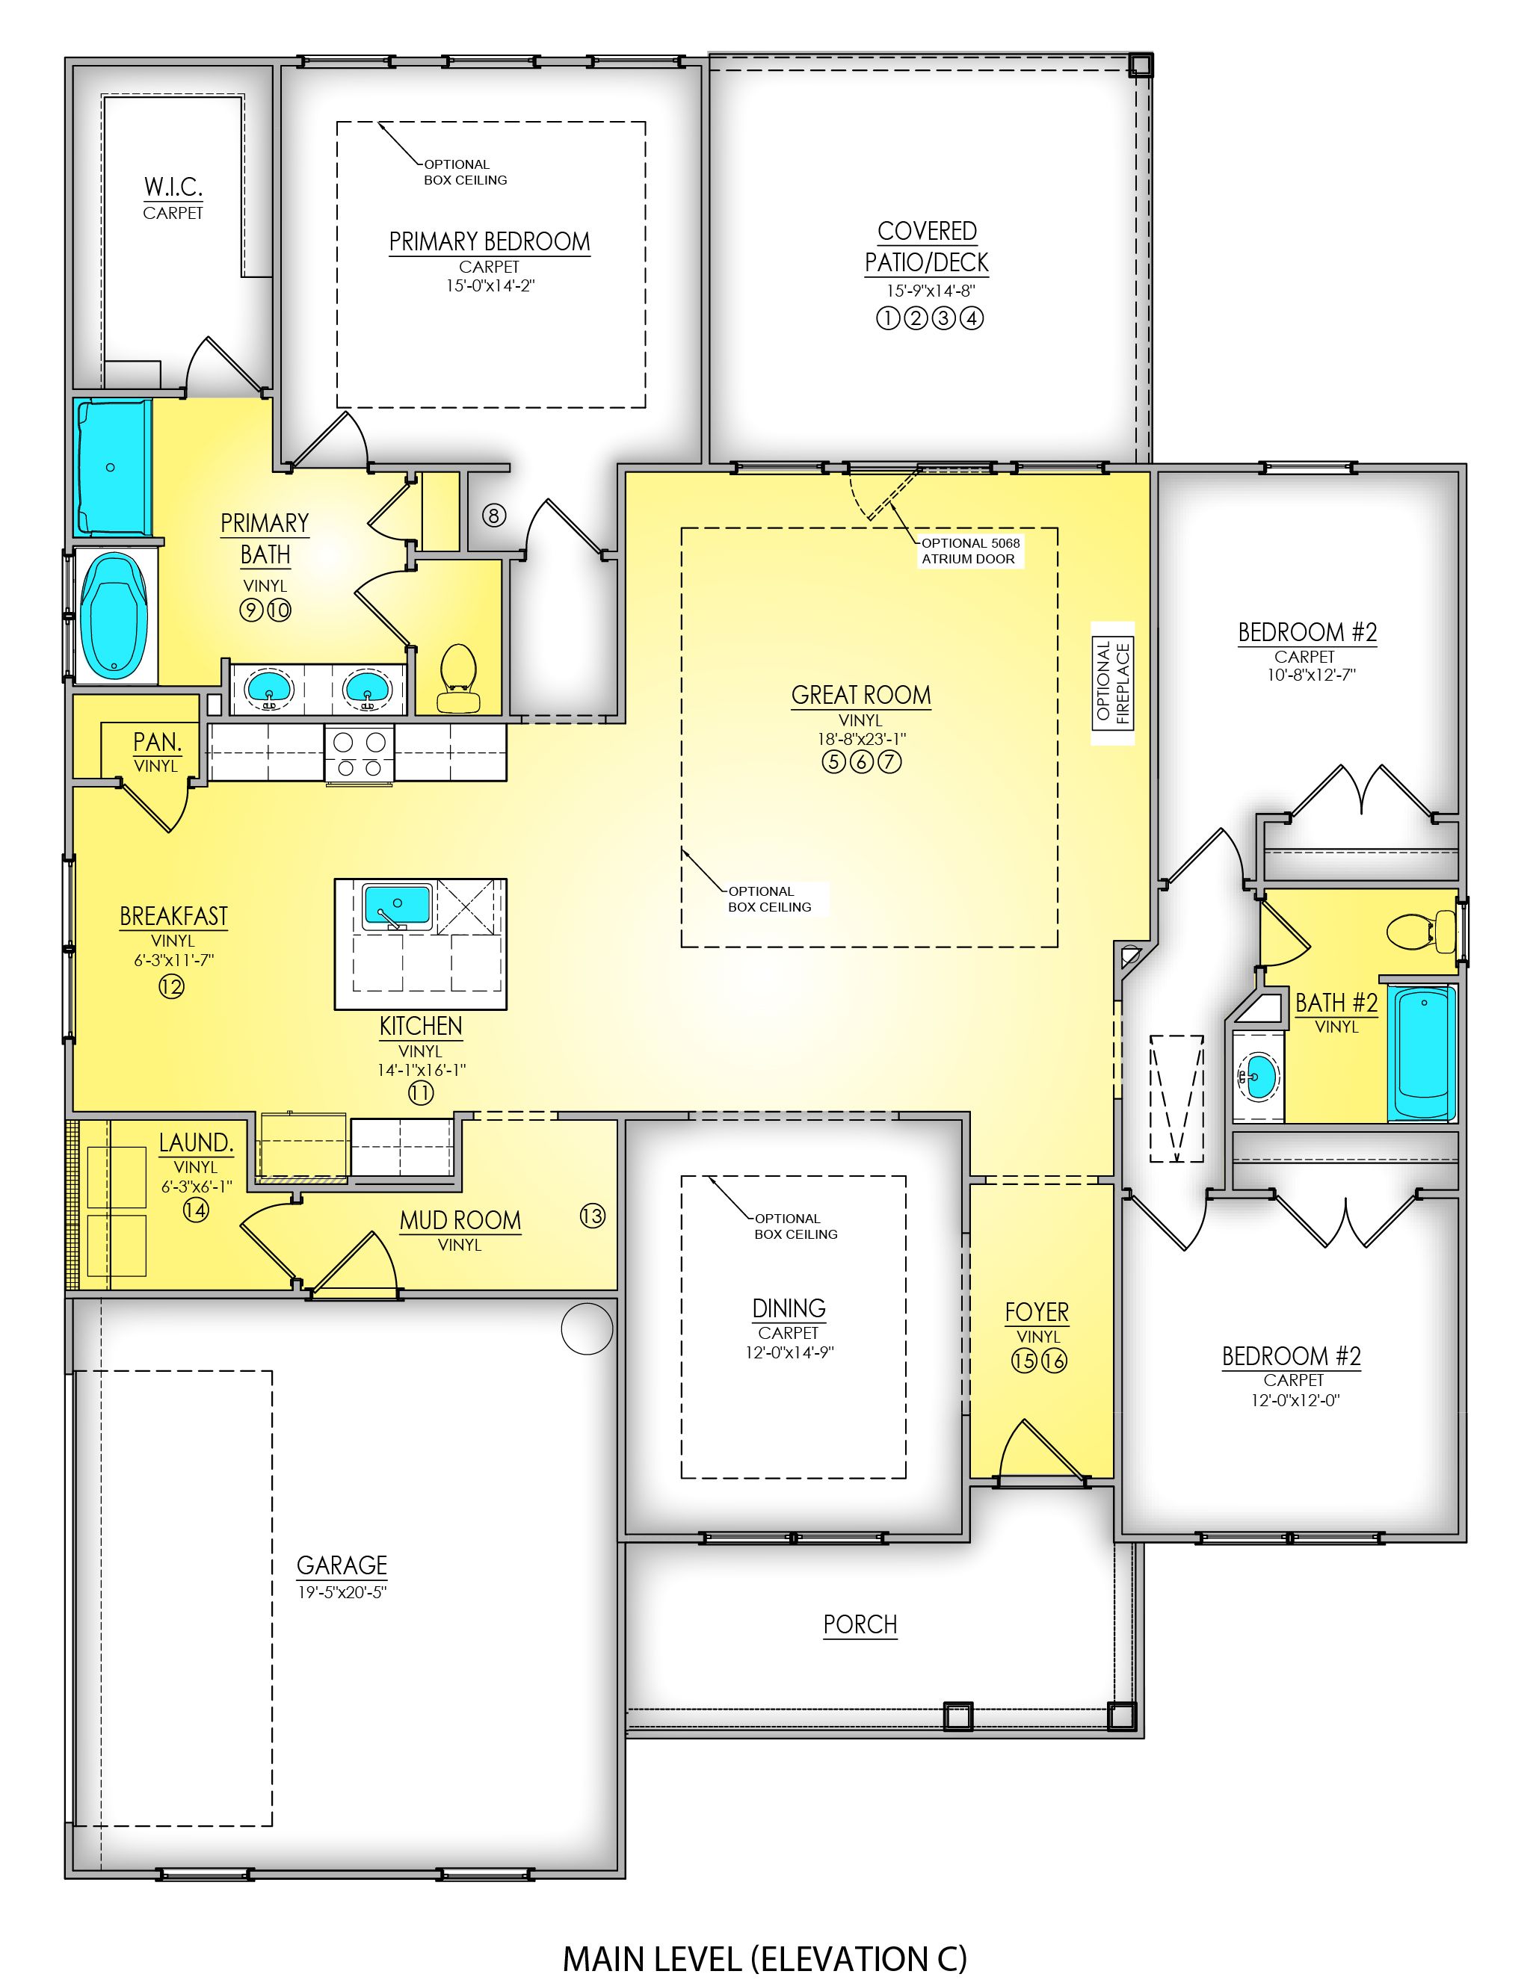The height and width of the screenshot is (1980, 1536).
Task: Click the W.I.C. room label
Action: point(173,188)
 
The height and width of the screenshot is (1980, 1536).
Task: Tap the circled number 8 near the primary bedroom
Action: point(493,516)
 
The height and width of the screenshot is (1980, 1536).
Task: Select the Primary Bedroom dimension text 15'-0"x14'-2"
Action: point(489,285)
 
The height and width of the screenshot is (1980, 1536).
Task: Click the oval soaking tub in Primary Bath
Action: point(114,616)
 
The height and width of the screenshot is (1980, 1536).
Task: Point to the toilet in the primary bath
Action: point(458,679)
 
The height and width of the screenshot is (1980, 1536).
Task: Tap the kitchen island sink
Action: point(396,906)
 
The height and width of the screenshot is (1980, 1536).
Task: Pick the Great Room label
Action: point(860,696)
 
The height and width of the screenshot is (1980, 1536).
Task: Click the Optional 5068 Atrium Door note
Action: point(969,551)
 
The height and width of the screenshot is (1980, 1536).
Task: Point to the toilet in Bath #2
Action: point(1421,930)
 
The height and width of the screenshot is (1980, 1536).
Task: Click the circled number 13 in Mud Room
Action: point(592,1216)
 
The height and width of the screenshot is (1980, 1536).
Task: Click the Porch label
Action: point(860,1624)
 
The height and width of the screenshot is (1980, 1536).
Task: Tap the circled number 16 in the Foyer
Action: point(1054,1361)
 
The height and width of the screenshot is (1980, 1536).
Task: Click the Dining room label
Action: point(788,1308)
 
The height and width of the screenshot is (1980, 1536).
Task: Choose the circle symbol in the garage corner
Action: point(587,1329)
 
